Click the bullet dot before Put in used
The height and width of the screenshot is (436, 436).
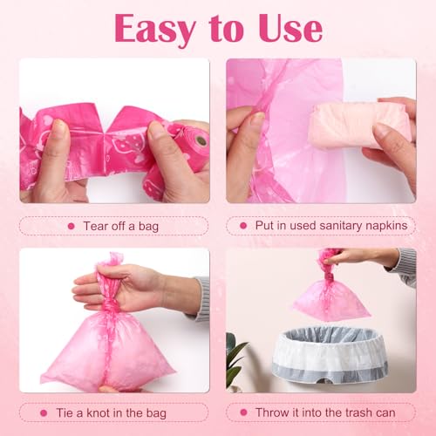[241, 226]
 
